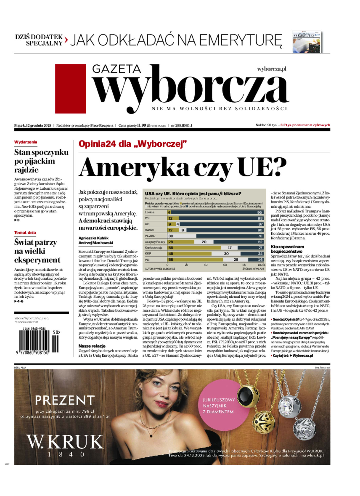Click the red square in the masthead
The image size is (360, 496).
70,88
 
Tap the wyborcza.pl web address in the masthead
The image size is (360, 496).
271,69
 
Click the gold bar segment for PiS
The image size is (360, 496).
195,260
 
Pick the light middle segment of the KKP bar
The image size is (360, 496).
226,254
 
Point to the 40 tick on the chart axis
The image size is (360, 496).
206,265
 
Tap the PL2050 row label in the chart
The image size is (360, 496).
150,236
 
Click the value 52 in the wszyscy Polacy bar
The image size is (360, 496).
260,242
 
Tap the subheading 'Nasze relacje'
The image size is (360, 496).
92,346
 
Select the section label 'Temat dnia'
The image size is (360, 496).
25,233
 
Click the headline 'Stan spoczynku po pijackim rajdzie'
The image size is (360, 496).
41,161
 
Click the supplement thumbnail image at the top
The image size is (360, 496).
307,42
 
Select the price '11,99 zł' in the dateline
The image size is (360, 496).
143,125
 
